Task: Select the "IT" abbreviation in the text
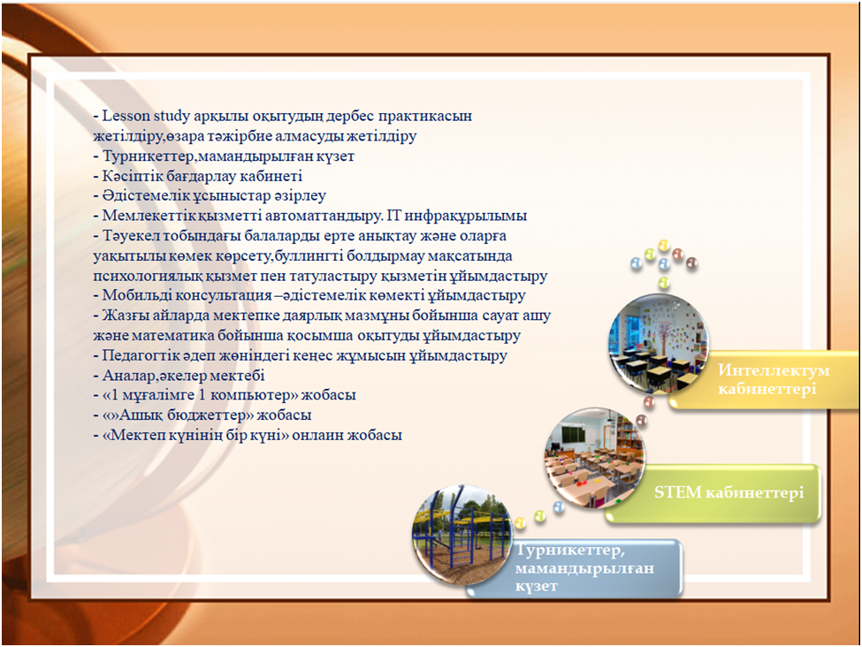point(394,216)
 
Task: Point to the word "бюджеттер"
point(210,415)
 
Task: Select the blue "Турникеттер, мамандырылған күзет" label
point(584,567)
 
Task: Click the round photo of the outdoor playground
point(462,535)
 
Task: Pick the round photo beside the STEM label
point(595,457)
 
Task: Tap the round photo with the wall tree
point(659,344)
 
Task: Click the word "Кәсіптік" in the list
point(133,176)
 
